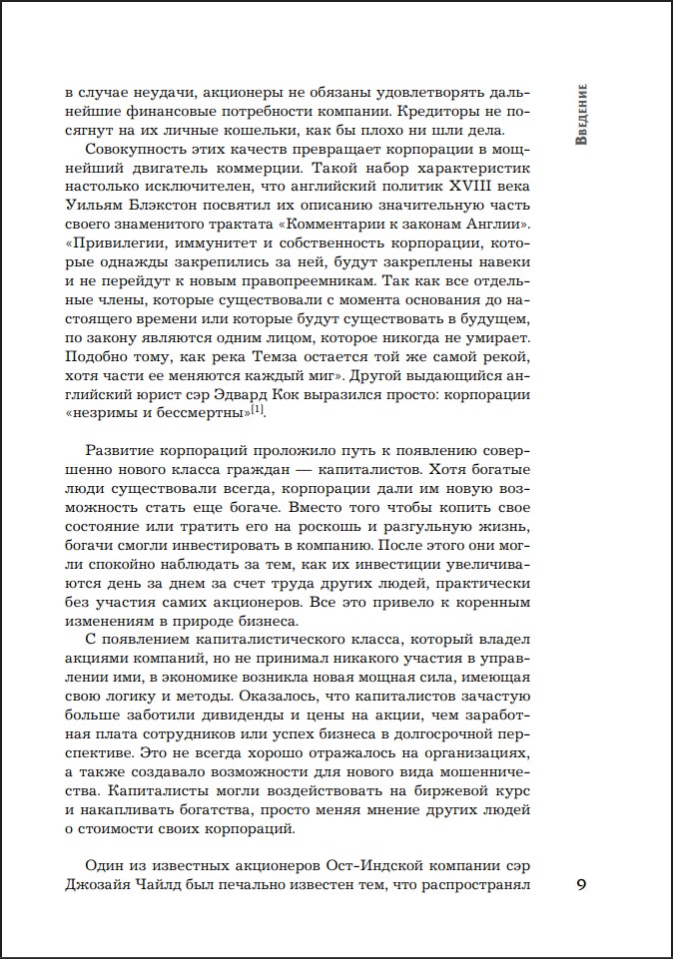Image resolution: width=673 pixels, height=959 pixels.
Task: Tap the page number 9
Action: click(583, 884)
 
